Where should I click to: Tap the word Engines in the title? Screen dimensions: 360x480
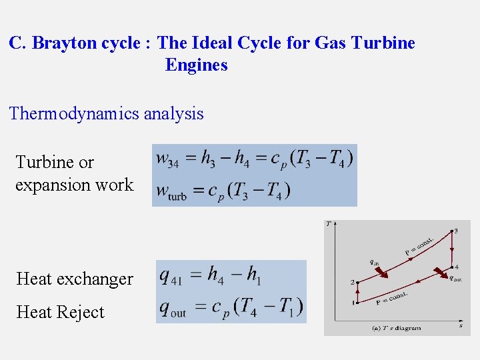click(x=196, y=65)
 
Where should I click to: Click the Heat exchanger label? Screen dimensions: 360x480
click(x=75, y=279)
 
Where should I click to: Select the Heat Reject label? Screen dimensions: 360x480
click(x=60, y=312)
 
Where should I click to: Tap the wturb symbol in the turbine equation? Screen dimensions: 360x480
click(x=171, y=191)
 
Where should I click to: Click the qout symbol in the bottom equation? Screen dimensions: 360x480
click(x=173, y=309)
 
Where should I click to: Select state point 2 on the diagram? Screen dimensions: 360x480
click(x=353, y=283)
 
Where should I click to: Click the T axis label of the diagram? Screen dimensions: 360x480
click(x=328, y=224)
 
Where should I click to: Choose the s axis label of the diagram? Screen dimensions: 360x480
click(x=461, y=325)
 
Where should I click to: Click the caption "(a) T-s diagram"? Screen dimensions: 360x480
click(x=396, y=328)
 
